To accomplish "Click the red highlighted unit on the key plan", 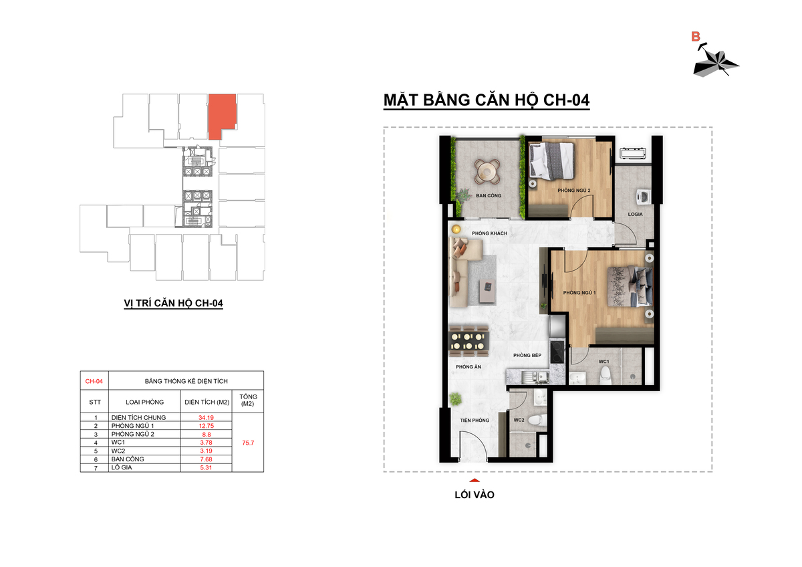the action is point(221,114).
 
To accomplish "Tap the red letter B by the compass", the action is point(695,37).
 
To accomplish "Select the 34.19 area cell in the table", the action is point(207,417).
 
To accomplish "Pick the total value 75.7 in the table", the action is point(248,443).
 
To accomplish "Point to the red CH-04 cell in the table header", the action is point(94,381).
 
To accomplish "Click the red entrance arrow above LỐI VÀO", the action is point(475,480).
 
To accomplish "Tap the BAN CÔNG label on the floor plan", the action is point(489,195).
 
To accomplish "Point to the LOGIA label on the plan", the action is point(635,214).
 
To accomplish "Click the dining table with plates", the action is point(469,342).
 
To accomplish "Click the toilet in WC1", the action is point(604,374).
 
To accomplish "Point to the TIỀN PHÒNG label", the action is point(475,420).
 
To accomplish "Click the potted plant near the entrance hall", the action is point(455,399).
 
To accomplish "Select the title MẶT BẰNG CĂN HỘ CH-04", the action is point(487,100).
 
